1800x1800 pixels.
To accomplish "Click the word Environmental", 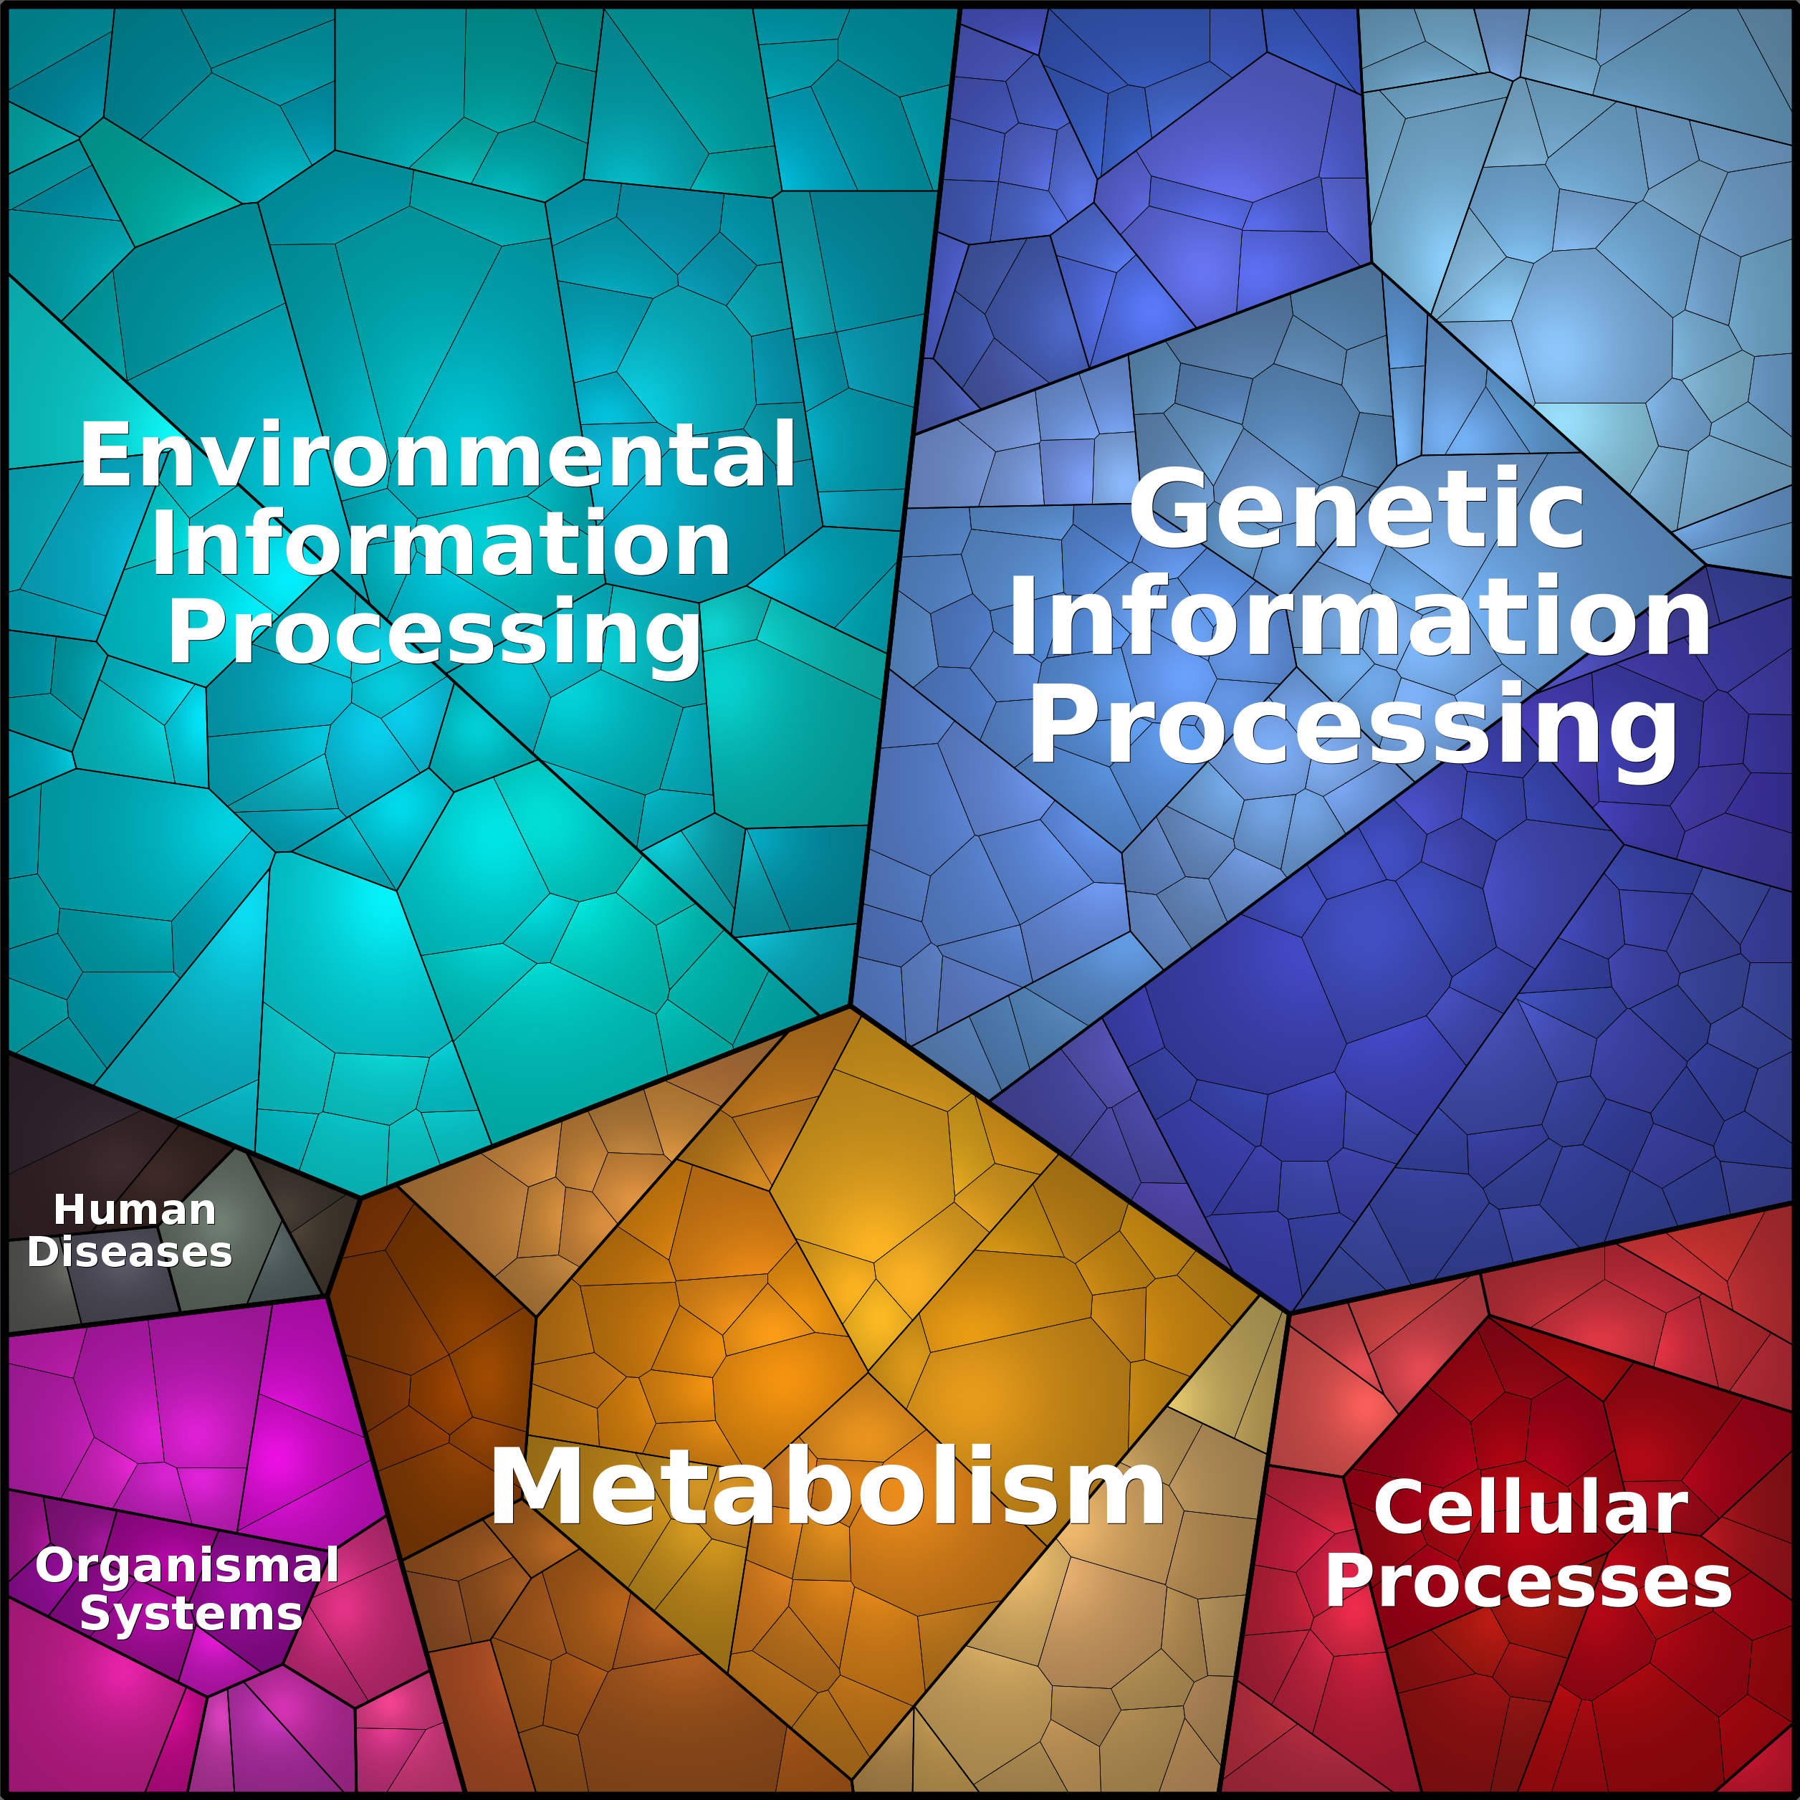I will click(438, 455).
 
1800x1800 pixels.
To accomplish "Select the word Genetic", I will click(1356, 511).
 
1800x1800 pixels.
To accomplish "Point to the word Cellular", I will click(1531, 1508).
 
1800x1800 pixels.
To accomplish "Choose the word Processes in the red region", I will click(1528, 1582).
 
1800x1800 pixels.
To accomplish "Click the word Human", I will click(135, 1210).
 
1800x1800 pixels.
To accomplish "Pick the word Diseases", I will click(130, 1252).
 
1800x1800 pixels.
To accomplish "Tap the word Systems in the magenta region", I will click(191, 1614).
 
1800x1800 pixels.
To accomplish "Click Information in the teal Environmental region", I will click(440, 545).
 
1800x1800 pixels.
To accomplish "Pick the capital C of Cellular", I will click(1399, 1508).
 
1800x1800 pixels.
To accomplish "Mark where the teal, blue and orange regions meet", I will click(850, 1005).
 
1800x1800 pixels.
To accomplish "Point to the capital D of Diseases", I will click(43, 1252).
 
